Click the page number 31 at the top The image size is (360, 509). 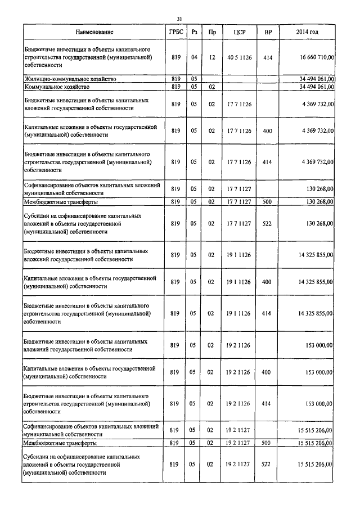pos(179,19)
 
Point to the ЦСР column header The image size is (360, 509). pos(236,33)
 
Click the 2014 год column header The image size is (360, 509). pos(307,33)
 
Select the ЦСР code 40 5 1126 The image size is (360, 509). pos(236,57)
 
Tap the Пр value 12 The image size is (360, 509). pos(211,57)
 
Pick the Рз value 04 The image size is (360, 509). pos(193,57)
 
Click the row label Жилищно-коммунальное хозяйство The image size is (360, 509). pos(70,79)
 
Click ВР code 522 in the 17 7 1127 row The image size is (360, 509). pos(267,223)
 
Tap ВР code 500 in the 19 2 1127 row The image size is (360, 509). pos(267,444)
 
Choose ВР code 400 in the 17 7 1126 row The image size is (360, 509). pos(267,130)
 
